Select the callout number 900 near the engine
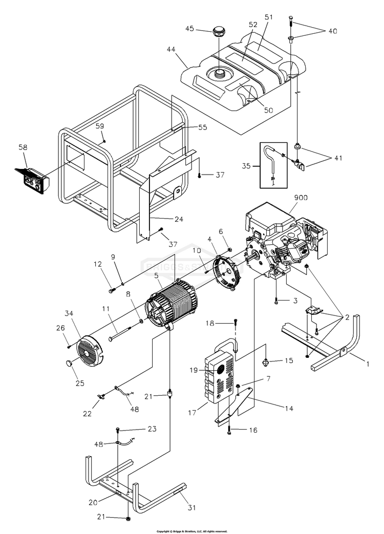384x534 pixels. (301, 198)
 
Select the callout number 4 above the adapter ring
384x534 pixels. (209, 239)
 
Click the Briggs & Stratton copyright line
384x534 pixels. (192, 531)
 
